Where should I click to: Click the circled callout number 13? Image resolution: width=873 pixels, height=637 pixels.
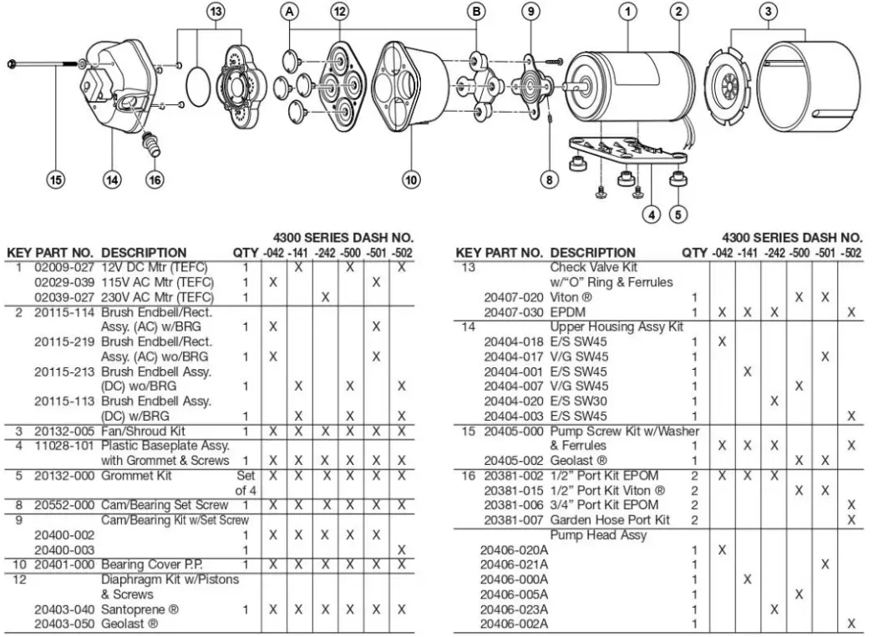pos(216,12)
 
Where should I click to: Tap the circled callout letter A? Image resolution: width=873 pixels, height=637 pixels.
pos(290,12)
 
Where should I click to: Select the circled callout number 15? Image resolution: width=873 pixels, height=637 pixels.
pos(55,179)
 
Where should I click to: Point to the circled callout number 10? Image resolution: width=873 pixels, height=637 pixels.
pos(411,179)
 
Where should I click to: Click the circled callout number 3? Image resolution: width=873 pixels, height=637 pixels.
pos(768,12)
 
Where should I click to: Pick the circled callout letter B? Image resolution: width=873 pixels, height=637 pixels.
pos(476,12)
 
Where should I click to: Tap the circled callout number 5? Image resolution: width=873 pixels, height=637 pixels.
pos(678,213)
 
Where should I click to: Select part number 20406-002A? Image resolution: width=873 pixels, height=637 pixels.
pos(515,624)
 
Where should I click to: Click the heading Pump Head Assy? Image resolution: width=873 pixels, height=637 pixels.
pos(598,534)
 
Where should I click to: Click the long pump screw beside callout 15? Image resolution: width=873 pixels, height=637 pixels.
pos(50,63)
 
